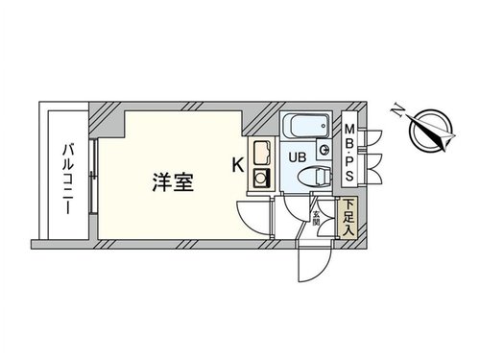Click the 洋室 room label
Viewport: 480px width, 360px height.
[173, 182]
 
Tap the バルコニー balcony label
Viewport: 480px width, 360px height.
[68, 180]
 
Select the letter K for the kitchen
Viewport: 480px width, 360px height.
[237, 165]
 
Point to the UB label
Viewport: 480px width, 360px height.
[298, 157]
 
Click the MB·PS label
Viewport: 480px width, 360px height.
[349, 153]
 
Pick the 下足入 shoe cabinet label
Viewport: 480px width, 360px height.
[348, 218]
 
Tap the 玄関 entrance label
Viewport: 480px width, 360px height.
[316, 218]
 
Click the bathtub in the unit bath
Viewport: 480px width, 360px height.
[305, 125]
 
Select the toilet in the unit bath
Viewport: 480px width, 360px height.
[315, 177]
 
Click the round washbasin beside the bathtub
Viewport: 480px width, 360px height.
[324, 150]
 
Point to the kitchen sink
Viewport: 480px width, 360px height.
[262, 153]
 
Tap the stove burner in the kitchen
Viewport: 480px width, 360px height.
[262, 178]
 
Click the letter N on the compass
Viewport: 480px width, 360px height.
[397, 110]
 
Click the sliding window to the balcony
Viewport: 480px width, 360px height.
[93, 177]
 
